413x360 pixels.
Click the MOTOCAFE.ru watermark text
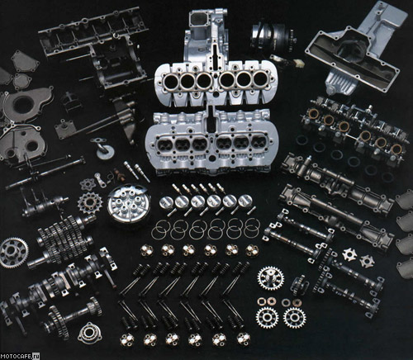(x=20, y=356)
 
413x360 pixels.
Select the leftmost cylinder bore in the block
(x=171, y=81)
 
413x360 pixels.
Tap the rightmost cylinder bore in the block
(x=260, y=79)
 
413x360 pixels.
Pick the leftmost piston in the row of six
(x=166, y=202)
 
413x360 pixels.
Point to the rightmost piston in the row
(x=245, y=201)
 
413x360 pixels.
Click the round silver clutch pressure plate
(x=127, y=204)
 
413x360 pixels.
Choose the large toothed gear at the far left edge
(x=14, y=253)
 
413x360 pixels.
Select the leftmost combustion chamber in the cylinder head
(x=164, y=144)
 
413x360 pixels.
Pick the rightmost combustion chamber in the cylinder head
(x=258, y=142)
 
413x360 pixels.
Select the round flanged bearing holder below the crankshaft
(x=90, y=334)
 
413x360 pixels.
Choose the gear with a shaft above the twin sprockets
(x=271, y=278)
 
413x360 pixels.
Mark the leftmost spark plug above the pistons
(x=177, y=188)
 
